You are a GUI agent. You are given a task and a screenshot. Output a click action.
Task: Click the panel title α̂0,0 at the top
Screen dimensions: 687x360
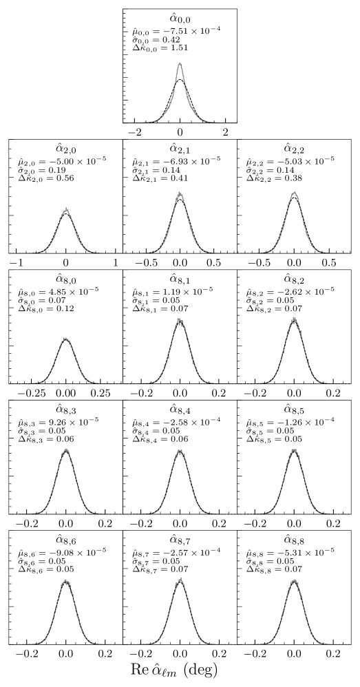(x=180, y=18)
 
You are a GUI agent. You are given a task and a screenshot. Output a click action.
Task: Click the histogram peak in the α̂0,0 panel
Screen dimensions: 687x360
(x=180, y=64)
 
